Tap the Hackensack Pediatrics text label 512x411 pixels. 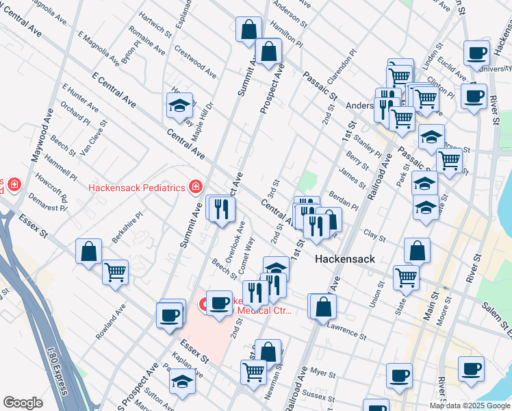click(x=137, y=187)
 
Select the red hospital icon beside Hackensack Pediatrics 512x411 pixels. click(x=196, y=186)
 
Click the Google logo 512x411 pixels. click(x=23, y=402)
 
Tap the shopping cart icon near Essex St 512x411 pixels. click(x=115, y=272)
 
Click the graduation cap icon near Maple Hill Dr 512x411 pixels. click(x=179, y=105)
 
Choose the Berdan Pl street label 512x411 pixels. click(x=344, y=201)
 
